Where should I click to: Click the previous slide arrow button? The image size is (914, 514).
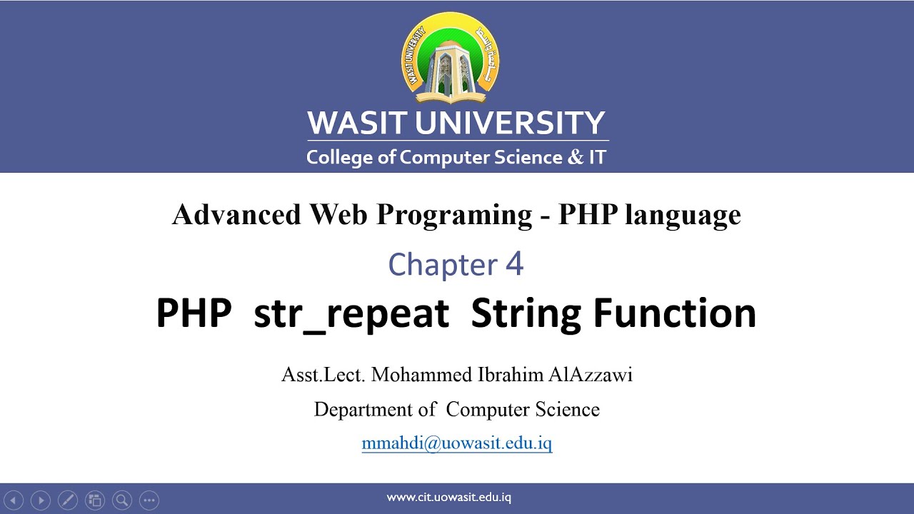pyautogui.click(x=14, y=500)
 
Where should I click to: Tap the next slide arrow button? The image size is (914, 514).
pyautogui.click(x=41, y=500)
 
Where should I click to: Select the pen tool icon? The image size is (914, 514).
pyautogui.click(x=68, y=500)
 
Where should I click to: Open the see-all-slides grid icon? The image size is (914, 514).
pyautogui.click(x=94, y=500)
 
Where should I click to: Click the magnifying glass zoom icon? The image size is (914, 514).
pyautogui.click(x=121, y=500)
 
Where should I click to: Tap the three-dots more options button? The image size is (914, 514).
pyautogui.click(x=149, y=500)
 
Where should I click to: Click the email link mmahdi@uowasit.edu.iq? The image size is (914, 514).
pyautogui.click(x=457, y=443)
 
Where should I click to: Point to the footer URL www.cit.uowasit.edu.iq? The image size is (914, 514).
pyautogui.click(x=448, y=498)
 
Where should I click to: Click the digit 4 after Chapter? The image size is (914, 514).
pyautogui.click(x=514, y=264)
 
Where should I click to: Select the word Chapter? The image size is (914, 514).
pyautogui.click(x=442, y=265)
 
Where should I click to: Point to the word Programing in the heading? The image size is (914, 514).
pyautogui.click(x=454, y=215)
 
